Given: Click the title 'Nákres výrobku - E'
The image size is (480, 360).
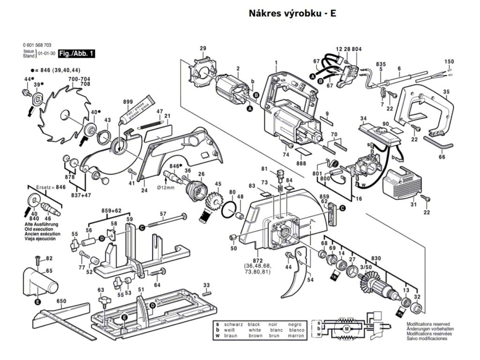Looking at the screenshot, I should pos(292,14).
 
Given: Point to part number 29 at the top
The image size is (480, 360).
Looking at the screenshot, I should pos(203,48).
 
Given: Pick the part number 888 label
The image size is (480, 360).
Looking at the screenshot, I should pos(301,163).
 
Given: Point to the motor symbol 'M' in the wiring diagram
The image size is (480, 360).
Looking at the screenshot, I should pos(347,330).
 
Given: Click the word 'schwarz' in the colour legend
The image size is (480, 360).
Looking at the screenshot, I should pos(234,324).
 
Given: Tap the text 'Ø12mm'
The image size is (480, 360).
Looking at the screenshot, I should pos(165,188).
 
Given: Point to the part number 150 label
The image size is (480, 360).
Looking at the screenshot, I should pos(449,62).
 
